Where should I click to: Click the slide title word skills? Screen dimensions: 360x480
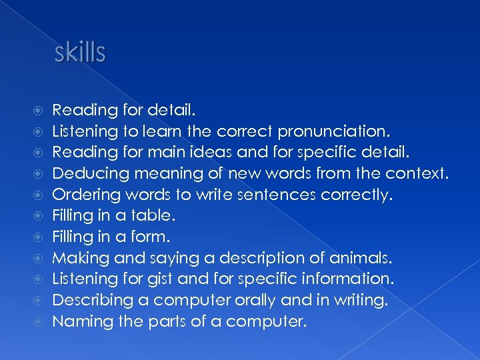[80, 52]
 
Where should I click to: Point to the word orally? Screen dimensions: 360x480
[257, 301]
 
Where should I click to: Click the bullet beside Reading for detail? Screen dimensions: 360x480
[38, 109]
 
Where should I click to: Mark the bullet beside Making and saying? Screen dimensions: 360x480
[38, 259]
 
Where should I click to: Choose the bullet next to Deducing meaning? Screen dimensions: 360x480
[38, 174]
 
